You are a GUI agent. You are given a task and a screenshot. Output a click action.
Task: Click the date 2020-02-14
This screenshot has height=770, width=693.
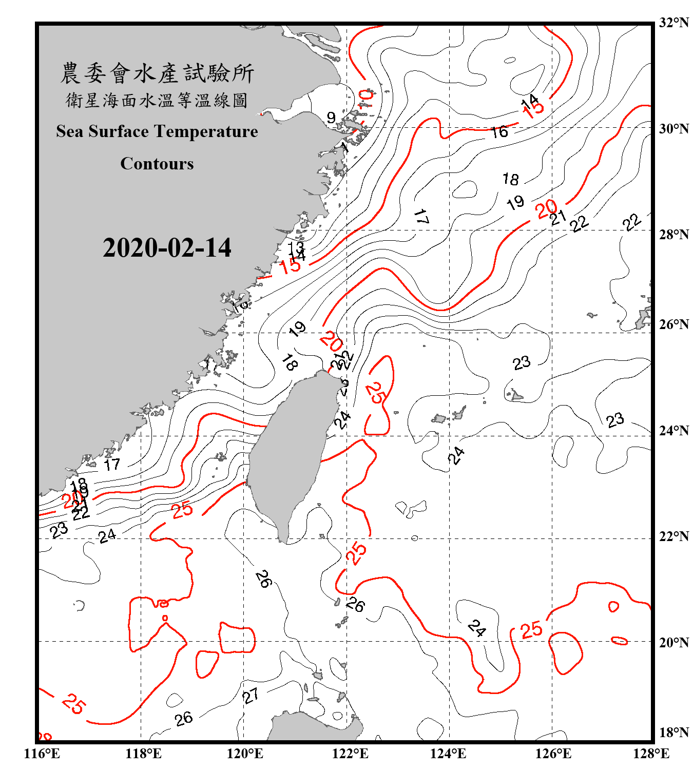click(x=167, y=247)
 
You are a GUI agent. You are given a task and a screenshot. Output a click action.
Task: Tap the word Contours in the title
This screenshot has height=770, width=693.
click(x=157, y=163)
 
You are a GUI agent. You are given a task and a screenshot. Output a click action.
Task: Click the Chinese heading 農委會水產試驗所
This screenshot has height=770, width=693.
click(x=157, y=73)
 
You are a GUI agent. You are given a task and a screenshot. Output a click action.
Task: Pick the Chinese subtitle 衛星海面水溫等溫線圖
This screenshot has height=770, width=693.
click(x=157, y=100)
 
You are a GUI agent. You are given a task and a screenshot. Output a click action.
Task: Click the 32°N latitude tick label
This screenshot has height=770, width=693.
click(x=673, y=23)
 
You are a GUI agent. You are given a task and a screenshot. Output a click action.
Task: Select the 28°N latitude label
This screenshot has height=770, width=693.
click(x=673, y=234)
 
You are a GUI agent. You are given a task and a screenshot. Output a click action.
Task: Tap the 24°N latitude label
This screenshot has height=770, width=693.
click(x=673, y=430)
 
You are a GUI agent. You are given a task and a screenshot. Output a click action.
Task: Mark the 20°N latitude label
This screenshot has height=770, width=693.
click(x=673, y=642)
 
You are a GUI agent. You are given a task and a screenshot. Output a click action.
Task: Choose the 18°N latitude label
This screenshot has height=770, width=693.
click(x=673, y=732)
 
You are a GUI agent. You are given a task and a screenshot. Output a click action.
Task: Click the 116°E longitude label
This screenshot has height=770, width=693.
click(x=42, y=754)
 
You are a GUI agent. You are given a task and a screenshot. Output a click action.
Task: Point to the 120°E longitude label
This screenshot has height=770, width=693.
click(x=245, y=754)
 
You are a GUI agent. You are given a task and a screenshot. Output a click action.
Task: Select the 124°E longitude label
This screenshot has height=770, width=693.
click(x=448, y=754)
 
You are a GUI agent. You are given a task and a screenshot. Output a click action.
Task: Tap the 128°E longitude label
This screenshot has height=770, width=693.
click(x=651, y=754)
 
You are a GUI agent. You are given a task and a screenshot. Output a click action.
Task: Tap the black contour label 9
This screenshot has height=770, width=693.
click(x=331, y=118)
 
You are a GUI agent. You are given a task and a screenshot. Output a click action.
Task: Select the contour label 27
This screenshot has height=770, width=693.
click(x=251, y=696)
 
